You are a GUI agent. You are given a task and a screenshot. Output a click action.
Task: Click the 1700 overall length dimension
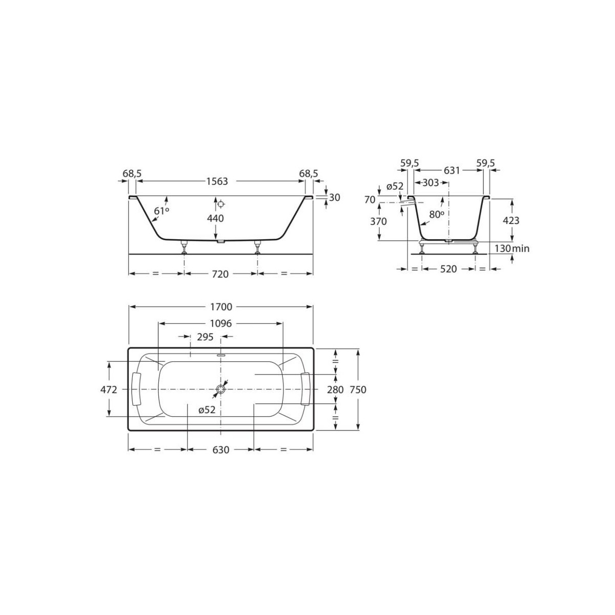[220, 307]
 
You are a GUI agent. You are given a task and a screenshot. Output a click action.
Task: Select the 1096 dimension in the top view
[220, 323]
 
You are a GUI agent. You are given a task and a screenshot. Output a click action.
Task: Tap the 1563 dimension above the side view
[217, 181]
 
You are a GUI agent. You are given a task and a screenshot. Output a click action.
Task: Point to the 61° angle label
[161, 211]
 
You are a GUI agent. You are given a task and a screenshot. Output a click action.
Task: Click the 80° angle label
[436, 215]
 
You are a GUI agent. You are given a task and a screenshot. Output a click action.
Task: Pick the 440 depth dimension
[215, 218]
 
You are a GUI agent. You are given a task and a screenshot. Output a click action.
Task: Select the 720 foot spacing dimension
[220, 274]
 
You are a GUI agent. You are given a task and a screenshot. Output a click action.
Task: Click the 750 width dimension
[358, 389]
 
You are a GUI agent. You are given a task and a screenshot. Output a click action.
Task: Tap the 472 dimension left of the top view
[109, 389]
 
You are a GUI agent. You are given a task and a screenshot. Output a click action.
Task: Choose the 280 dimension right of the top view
[335, 389]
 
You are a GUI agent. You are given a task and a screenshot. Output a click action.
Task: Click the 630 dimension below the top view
[220, 449]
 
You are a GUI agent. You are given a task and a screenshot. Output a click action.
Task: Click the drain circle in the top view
[220, 389]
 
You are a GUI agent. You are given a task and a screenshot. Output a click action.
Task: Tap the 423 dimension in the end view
[511, 220]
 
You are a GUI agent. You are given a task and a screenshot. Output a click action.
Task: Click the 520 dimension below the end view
[448, 269]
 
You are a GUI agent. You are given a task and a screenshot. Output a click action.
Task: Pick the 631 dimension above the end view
[452, 171]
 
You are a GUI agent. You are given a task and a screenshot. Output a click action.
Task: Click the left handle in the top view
[136, 389]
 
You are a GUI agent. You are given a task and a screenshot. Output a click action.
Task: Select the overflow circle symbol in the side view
[221, 204]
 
